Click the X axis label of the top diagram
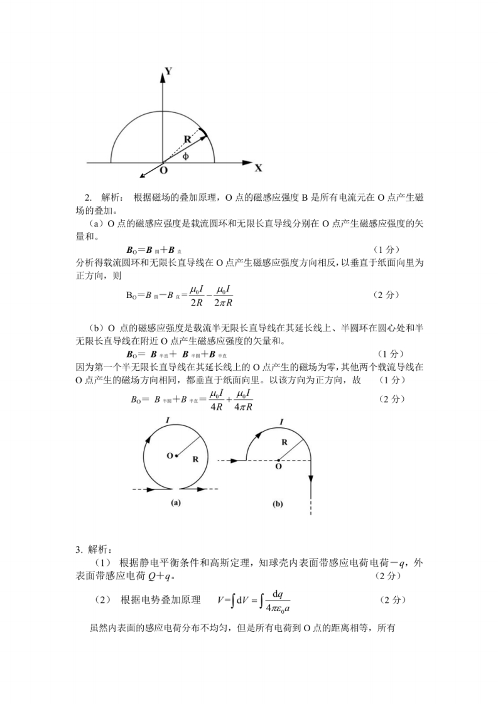258,168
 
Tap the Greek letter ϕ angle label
185,156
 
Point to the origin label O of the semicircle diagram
163,170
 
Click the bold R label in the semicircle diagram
188,140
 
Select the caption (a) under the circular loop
176,502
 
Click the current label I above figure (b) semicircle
280,422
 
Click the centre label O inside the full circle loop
170,456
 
